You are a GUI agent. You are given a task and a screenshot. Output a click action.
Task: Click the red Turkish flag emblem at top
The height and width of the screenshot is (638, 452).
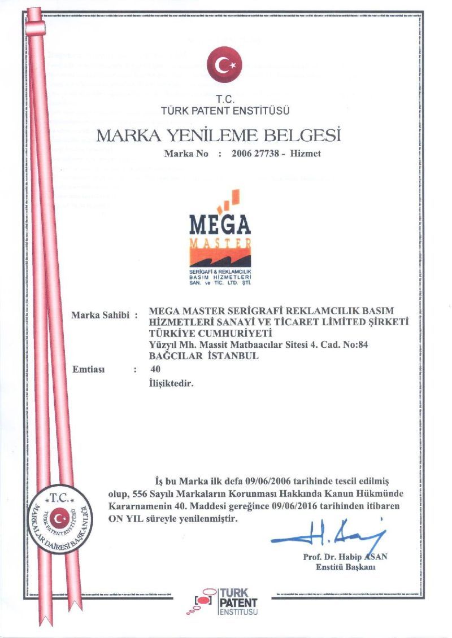pos(224,65)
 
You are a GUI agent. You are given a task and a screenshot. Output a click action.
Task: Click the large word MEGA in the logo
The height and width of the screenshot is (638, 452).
pos(220,226)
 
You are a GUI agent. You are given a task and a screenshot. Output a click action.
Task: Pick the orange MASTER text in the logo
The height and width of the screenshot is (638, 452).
pos(220,243)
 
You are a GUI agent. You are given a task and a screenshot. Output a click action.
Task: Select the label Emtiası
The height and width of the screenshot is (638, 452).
pos(90,370)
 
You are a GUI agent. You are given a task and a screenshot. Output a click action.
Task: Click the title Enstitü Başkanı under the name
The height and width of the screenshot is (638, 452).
pos(345,567)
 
